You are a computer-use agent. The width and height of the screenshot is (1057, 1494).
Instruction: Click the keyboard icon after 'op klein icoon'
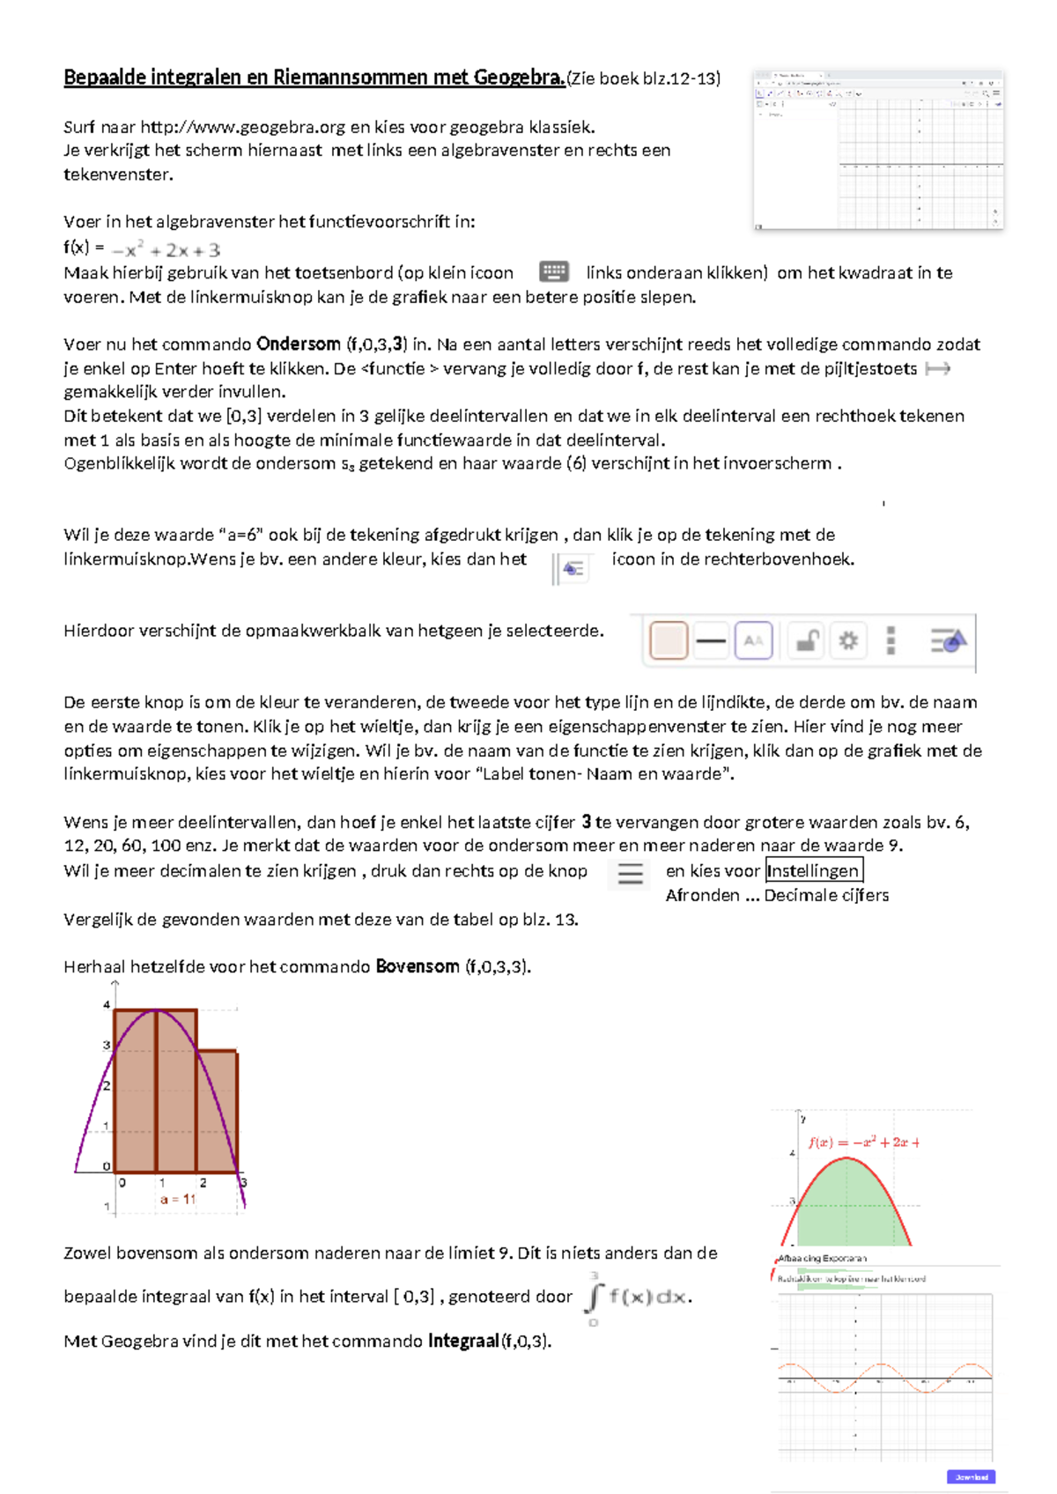pos(554,271)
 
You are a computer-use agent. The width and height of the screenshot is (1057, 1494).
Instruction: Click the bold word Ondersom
pos(298,344)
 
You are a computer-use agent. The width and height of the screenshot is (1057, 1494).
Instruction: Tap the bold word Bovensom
pos(417,966)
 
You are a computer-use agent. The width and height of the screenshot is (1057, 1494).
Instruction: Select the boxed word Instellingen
pos(813,871)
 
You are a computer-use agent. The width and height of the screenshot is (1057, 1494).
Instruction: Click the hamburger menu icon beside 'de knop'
pos(630,873)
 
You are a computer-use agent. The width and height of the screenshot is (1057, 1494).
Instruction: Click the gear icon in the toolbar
pos(848,640)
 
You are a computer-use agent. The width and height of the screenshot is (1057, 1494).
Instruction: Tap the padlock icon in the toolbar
pos(806,640)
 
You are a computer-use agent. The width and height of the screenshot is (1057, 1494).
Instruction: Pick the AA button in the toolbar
pos(753,640)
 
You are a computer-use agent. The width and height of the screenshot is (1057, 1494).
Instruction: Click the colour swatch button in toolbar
pos(669,640)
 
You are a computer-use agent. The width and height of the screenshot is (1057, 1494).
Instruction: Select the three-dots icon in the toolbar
pos(891,640)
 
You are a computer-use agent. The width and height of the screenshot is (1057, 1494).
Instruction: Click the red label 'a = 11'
pos(178,1199)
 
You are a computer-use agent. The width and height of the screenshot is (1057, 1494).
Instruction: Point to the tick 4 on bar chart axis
pos(107,1004)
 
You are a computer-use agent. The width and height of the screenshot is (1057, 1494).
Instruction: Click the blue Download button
pos(972,1476)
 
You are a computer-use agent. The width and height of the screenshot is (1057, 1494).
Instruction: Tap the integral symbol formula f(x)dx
pos(638,1298)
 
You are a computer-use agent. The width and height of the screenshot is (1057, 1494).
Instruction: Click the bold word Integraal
pos(463,1342)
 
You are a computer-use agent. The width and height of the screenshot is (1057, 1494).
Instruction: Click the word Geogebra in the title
pos(519,78)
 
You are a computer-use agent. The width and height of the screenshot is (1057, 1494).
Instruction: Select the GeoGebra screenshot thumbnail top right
pos(878,150)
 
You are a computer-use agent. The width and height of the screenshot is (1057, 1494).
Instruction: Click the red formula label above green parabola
pos(864,1143)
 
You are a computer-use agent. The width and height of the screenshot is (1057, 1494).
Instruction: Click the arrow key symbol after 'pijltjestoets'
pos(937,369)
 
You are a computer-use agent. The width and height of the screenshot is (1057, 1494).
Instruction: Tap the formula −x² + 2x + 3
pos(166,250)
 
